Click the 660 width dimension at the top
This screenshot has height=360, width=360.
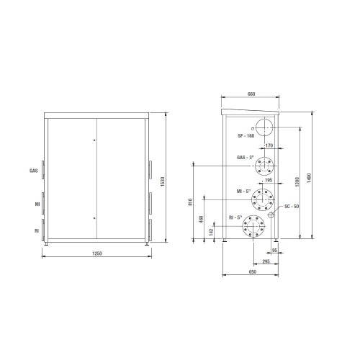click(x=251, y=94)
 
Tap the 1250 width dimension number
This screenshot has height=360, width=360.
click(x=96, y=254)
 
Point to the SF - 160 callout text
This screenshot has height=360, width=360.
click(x=246, y=135)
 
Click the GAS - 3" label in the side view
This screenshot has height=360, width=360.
click(x=246, y=156)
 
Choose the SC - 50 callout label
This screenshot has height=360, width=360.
click(x=288, y=207)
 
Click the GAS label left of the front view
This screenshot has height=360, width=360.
click(x=33, y=171)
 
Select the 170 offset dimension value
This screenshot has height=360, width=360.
click(x=268, y=145)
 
